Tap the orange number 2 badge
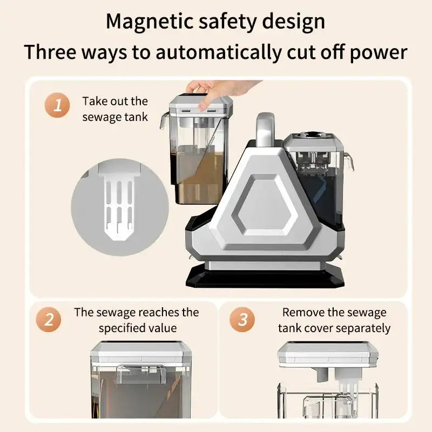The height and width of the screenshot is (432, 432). click(x=49, y=320)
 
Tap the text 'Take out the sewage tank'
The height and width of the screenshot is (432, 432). click(x=115, y=109)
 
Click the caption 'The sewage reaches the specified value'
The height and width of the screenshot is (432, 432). click(x=137, y=320)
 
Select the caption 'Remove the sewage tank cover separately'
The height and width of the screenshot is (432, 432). click(x=334, y=320)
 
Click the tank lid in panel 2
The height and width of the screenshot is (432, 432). click(x=141, y=352)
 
